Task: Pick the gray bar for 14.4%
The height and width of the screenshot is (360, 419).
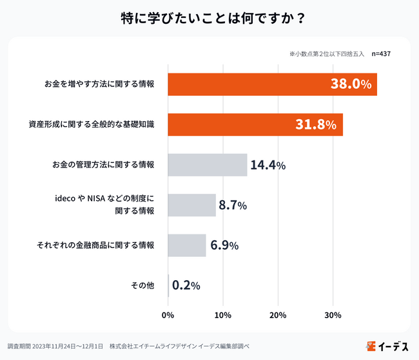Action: tap(207, 165)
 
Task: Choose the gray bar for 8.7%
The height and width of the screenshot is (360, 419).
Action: tap(191, 205)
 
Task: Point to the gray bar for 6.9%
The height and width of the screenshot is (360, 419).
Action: tap(186, 245)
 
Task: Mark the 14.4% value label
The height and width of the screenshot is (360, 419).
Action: tap(268, 166)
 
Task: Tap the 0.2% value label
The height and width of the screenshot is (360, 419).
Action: tap(186, 285)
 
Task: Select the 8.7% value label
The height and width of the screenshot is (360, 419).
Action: tap(233, 205)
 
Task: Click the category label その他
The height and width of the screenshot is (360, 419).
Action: tap(143, 285)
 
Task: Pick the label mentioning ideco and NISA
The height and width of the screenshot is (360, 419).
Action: tap(103, 200)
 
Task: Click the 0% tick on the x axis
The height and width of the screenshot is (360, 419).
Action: tap(168, 315)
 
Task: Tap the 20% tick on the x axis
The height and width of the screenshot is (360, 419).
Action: tap(278, 315)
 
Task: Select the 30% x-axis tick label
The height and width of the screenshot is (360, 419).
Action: tap(333, 315)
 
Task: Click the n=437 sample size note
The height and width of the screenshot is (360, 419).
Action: tap(381, 54)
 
